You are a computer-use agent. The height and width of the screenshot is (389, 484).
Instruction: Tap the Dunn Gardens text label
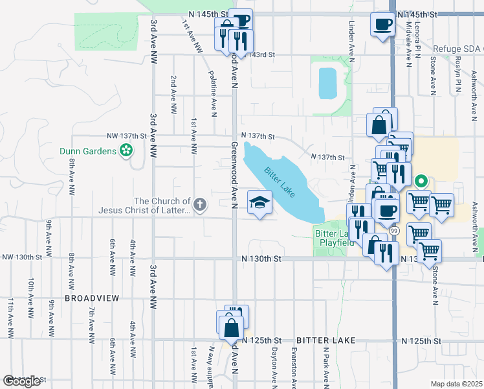pos(87,151)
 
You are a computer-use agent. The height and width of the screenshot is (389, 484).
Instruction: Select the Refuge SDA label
pos(457,49)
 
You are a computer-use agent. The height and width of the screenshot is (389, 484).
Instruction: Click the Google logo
pos(21,381)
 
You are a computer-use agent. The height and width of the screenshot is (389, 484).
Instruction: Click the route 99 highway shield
pos(393,230)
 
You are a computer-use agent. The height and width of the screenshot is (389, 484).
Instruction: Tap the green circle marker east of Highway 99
pos(421,181)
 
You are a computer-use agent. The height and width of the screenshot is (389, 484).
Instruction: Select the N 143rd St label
pos(261,55)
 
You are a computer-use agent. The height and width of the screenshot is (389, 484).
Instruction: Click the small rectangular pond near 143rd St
pos(327,82)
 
